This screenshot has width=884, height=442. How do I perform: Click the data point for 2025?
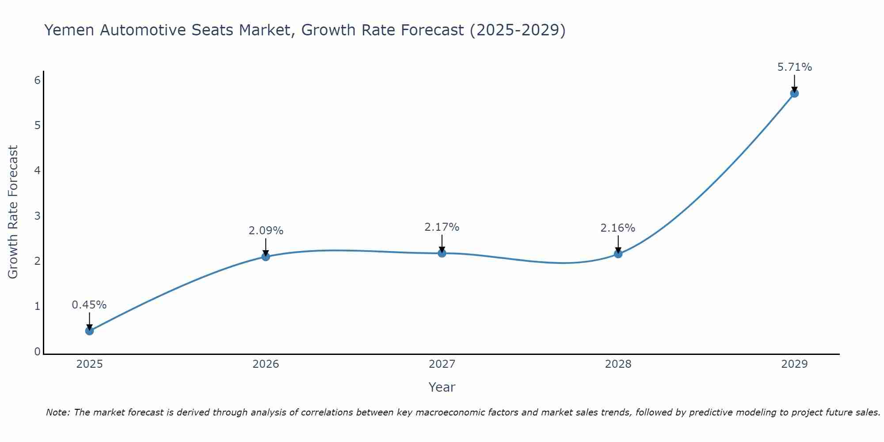pyautogui.click(x=89, y=331)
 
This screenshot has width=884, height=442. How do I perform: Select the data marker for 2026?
pyautogui.click(x=266, y=256)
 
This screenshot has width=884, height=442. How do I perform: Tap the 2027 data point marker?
pyautogui.click(x=442, y=253)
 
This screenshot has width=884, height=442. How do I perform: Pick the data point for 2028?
pyautogui.click(x=618, y=254)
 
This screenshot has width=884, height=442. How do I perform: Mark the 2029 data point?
pyautogui.click(x=794, y=93)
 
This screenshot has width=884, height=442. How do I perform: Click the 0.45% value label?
pyautogui.click(x=89, y=305)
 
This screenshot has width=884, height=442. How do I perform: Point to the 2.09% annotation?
pyautogui.click(x=266, y=231)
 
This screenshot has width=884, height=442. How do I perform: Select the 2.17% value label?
pyautogui.click(x=442, y=227)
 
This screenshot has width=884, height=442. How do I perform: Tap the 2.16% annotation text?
pyautogui.click(x=618, y=228)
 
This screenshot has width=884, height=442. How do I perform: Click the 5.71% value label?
pyautogui.click(x=794, y=67)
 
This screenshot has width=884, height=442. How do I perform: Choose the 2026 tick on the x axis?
pyautogui.click(x=266, y=364)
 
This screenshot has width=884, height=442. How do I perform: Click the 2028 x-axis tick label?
pyautogui.click(x=618, y=364)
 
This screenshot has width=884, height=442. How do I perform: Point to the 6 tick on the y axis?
pyautogui.click(x=38, y=80)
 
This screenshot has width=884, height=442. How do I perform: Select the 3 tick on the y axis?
pyautogui.click(x=38, y=216)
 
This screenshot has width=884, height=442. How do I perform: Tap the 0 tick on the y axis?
pyautogui.click(x=38, y=351)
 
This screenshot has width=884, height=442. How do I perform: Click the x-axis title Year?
pyautogui.click(x=442, y=387)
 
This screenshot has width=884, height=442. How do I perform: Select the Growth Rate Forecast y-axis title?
pyautogui.click(x=13, y=212)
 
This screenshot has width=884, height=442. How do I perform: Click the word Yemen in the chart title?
pyautogui.click(x=70, y=30)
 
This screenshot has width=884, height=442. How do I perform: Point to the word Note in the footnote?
pyautogui.click(x=57, y=412)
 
